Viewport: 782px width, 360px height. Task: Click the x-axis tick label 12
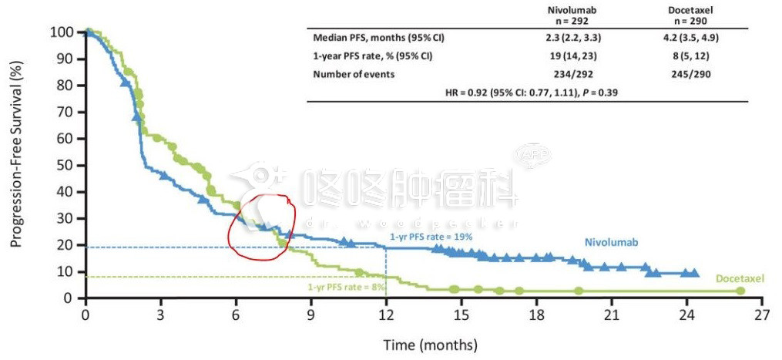point(386,315)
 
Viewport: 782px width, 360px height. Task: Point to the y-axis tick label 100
point(62,32)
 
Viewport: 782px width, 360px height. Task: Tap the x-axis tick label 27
point(762,315)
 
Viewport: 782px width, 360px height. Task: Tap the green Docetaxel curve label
point(739,278)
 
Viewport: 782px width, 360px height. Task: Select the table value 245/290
point(690,74)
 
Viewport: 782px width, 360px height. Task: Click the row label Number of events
point(354,74)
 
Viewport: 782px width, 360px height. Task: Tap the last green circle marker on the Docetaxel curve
point(740,291)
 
